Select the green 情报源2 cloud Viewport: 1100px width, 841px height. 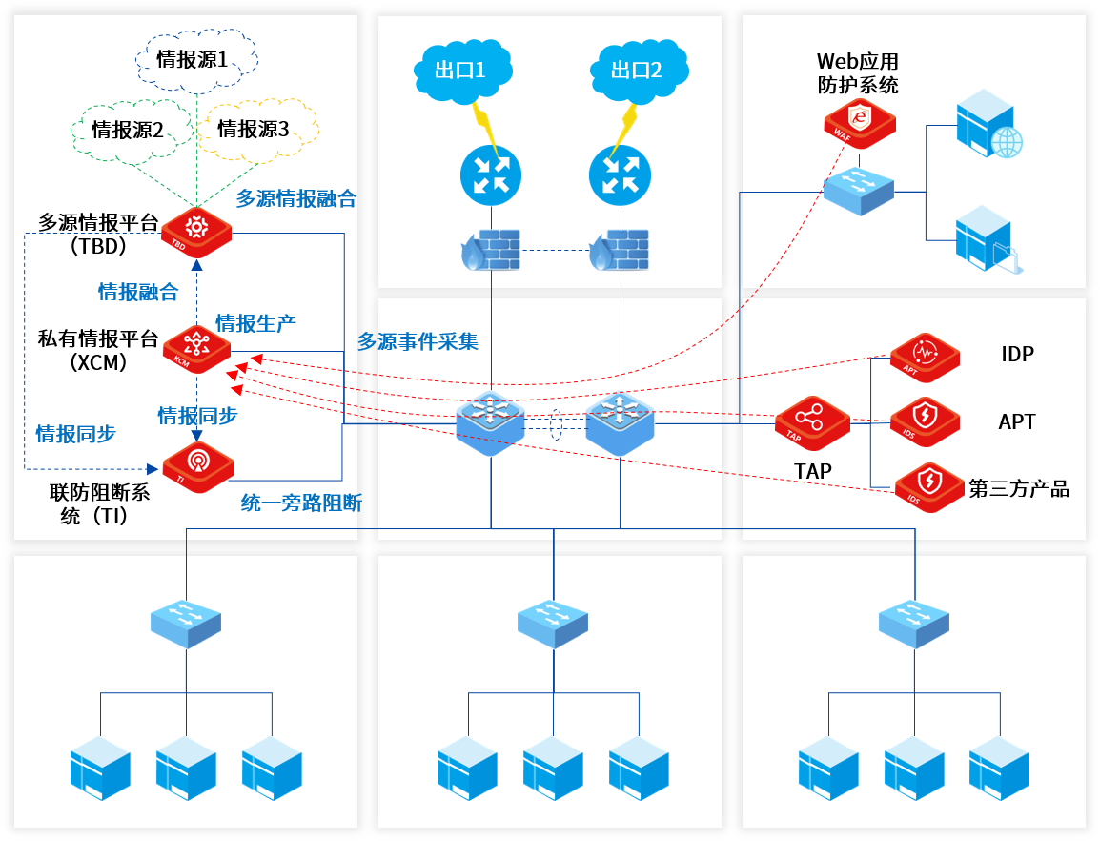[x=128, y=130]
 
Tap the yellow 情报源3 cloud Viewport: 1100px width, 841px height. [x=254, y=129]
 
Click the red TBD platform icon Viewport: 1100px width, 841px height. [x=196, y=230]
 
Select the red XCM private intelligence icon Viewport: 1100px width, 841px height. [x=196, y=348]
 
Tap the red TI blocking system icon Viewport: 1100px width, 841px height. [x=198, y=463]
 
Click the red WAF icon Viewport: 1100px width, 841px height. [x=861, y=120]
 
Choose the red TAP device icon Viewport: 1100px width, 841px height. [x=811, y=422]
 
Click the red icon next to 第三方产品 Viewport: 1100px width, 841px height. [x=928, y=486]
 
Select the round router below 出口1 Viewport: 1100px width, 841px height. [x=491, y=175]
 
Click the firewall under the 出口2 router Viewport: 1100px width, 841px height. [x=619, y=250]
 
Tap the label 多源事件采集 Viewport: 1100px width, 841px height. [x=418, y=340]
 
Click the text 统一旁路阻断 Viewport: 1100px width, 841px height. [x=301, y=503]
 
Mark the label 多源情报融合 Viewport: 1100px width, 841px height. [x=295, y=198]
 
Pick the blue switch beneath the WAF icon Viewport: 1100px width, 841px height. [x=860, y=191]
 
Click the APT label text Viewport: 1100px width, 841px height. [x=1016, y=421]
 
